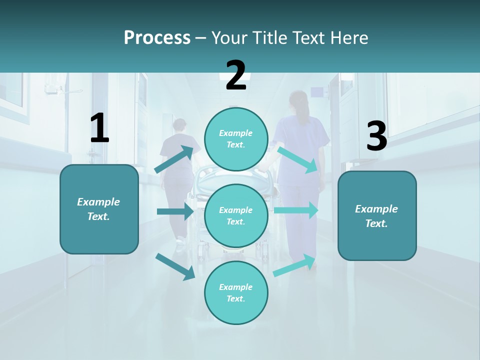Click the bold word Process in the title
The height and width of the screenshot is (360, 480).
(157, 37)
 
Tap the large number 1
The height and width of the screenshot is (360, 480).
(99, 128)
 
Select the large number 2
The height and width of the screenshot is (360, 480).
(236, 75)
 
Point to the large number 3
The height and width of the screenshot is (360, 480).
(376, 136)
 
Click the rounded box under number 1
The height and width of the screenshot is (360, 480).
(99, 209)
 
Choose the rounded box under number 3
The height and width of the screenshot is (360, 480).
(377, 216)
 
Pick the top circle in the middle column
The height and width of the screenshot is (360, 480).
(236, 139)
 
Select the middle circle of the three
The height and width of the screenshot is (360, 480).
(236, 215)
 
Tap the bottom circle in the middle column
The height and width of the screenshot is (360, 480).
(236, 292)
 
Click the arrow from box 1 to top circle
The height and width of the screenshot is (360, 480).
(174, 159)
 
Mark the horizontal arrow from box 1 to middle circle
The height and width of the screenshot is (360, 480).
(175, 211)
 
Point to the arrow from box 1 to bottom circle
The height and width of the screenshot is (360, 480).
(175, 266)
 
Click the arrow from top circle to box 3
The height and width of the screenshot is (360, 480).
(297, 159)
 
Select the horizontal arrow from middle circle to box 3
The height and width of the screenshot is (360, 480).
(296, 210)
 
